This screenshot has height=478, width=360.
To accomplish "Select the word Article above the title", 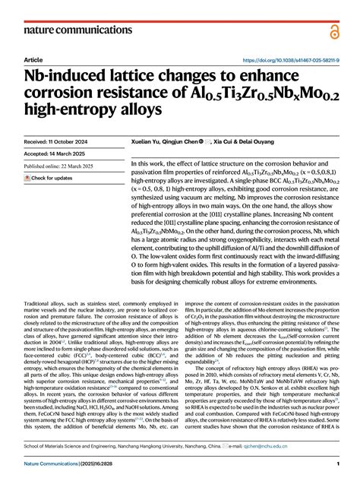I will [x=33, y=59].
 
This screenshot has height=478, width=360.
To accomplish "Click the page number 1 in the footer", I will [x=336, y=463].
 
